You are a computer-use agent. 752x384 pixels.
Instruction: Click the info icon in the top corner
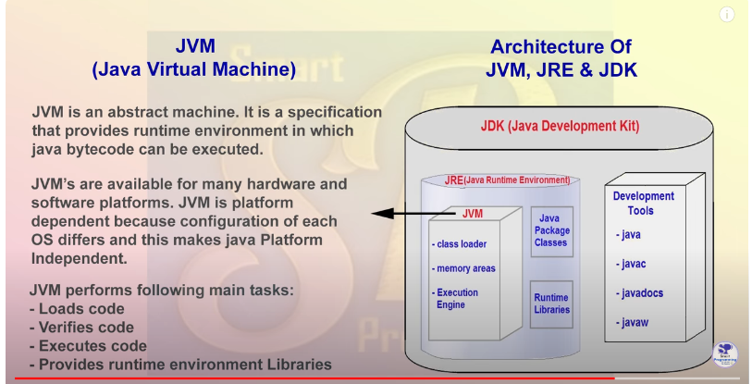[727, 15]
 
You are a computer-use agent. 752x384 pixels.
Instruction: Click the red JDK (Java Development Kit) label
[560, 126]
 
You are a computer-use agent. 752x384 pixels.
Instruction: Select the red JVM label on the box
[473, 214]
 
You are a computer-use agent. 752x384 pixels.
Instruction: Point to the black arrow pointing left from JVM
[413, 214]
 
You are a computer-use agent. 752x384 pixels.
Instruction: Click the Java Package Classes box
[551, 231]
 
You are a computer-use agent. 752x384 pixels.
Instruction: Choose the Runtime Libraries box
[551, 304]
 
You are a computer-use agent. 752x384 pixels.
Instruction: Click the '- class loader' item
[459, 244]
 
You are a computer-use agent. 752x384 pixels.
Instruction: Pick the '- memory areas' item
[463, 268]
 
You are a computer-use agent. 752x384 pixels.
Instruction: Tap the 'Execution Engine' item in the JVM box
[457, 299]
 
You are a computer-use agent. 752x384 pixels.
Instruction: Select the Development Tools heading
[643, 203]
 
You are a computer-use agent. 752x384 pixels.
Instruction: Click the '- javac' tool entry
[631, 264]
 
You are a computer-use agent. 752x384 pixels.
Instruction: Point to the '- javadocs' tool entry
[640, 293]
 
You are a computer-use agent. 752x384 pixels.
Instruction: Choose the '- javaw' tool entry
[632, 323]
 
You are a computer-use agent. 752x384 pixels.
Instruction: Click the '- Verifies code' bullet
[81, 328]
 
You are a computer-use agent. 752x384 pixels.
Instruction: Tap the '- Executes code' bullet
[88, 346]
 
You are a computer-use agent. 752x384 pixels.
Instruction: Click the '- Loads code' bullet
[77, 309]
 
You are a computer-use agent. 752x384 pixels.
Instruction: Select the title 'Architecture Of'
[561, 47]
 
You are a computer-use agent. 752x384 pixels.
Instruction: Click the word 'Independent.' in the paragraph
[80, 259]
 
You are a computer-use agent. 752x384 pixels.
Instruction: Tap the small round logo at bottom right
[724, 354]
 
